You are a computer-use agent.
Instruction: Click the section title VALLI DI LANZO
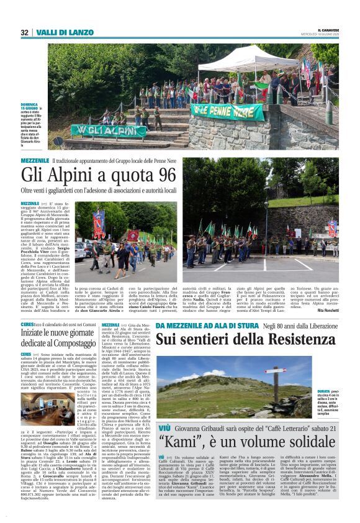56,32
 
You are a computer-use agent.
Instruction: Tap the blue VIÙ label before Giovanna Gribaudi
164,429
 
